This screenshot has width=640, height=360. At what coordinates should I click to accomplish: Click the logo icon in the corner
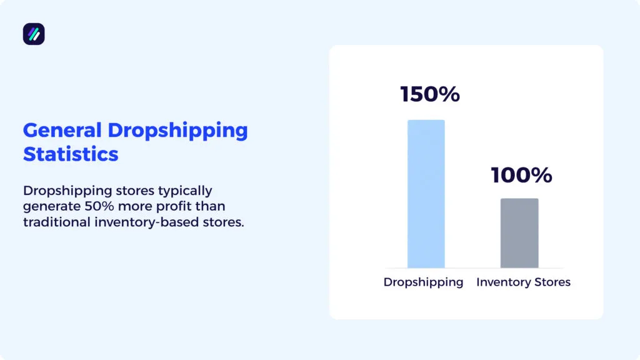(34, 34)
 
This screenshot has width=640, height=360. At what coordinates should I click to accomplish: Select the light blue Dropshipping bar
(426, 194)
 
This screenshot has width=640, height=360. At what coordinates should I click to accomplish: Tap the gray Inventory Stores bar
(519, 233)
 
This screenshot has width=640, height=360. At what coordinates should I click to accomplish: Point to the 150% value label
(430, 94)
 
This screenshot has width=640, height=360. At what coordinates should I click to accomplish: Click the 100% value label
(521, 175)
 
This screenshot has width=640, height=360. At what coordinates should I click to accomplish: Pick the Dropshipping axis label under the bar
(423, 282)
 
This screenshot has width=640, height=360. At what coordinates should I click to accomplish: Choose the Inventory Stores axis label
(523, 282)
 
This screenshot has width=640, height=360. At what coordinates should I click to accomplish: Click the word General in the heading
(62, 130)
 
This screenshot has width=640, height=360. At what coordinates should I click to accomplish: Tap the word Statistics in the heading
(71, 153)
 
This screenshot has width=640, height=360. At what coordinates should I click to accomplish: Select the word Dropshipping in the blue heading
(177, 130)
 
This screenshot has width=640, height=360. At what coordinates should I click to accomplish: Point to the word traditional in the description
(54, 222)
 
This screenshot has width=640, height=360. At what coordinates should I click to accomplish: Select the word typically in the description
(182, 190)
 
